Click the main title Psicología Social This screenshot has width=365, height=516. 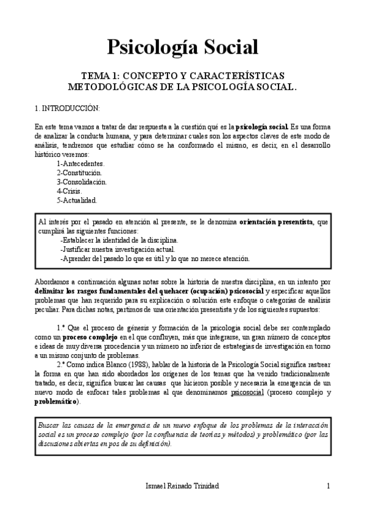pyautogui.click(x=182, y=46)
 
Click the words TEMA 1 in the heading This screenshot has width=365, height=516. pyautogui.click(x=101, y=75)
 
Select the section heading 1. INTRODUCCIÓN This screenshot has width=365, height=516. pyautogui.click(x=67, y=108)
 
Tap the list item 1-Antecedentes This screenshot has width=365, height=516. pyautogui.click(x=80, y=164)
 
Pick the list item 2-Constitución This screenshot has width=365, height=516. pyautogui.click(x=80, y=173)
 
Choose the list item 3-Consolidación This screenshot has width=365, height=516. pyautogui.click(x=82, y=181)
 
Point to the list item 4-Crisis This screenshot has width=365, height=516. pyautogui.click(x=69, y=190)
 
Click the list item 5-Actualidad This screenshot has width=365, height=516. pyautogui.click(x=76, y=200)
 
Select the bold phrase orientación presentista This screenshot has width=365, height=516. pyautogui.click(x=276, y=221)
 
